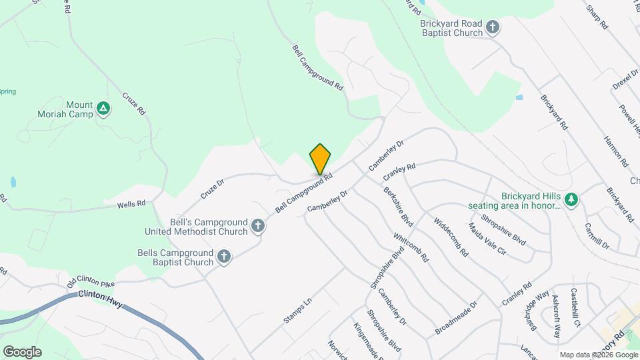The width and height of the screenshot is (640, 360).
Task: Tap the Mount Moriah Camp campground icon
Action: click(x=103, y=108)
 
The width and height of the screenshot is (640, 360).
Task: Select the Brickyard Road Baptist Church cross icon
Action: click(x=493, y=27)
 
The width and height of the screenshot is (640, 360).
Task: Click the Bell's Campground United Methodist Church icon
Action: click(x=258, y=227)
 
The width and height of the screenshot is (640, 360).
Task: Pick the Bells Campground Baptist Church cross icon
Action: click(x=224, y=256)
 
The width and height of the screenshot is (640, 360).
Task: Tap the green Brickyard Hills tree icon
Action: click(x=571, y=199)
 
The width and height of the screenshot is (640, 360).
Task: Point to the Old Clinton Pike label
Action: click(x=91, y=283)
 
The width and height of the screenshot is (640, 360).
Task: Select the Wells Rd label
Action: click(x=131, y=205)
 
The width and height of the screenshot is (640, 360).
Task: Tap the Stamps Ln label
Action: click(x=297, y=311)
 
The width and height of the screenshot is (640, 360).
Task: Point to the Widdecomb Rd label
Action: click(x=451, y=237)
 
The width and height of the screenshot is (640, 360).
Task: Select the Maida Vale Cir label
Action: click(x=487, y=239)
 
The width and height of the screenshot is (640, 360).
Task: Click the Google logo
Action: click(x=22, y=352)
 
